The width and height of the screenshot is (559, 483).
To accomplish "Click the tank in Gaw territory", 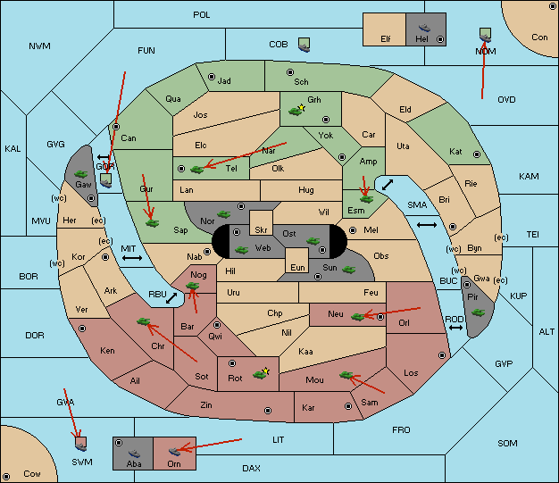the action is (81, 174).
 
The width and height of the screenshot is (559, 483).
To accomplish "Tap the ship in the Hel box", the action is (424, 28).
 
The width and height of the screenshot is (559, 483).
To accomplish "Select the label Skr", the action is (261, 230).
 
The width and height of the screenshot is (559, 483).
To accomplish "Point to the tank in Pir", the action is (478, 312).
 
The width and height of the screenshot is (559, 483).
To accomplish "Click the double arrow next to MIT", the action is (132, 258).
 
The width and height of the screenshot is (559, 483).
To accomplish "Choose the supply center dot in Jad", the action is (212, 77).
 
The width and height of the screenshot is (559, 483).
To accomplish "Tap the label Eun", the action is (297, 267).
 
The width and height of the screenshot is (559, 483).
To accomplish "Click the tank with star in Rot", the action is (261, 373).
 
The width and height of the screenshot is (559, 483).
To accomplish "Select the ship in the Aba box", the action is (134, 453).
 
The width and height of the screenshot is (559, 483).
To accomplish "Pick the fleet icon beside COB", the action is (305, 45).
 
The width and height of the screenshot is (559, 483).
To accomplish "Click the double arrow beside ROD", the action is (455, 328).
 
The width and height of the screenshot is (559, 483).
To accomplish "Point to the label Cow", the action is (32, 474).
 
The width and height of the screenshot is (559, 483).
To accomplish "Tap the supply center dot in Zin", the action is (268, 411).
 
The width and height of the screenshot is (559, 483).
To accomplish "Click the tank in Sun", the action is (348, 270).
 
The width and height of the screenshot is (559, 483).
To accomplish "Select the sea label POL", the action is (202, 15).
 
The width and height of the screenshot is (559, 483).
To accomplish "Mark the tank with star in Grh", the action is (297, 110).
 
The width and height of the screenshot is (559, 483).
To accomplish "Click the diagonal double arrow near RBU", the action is (171, 298).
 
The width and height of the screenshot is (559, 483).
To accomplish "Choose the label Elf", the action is (386, 39).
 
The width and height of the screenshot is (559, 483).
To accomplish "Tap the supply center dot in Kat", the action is (477, 154).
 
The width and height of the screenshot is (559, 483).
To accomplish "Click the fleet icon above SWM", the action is (81, 444).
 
